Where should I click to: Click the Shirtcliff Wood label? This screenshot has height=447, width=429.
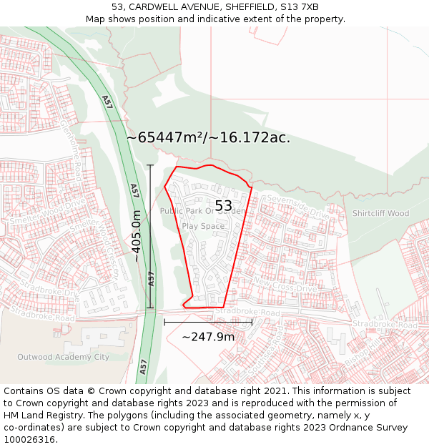tap(380, 213)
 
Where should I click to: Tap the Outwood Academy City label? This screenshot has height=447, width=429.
tap(63, 357)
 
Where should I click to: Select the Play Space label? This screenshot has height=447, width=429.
tap(202, 226)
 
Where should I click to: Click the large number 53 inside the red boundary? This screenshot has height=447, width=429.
tap(223, 206)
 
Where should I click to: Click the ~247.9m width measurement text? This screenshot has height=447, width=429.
tap(208, 336)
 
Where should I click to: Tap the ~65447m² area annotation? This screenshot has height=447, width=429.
tap(208, 137)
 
